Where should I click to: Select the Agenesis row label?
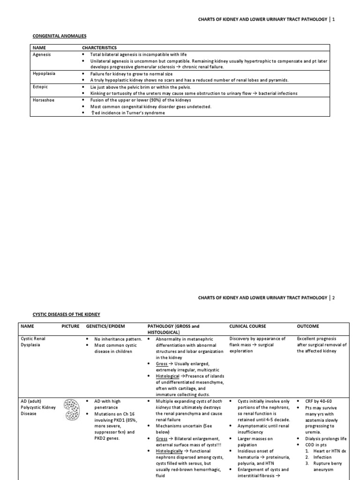pos(42,54)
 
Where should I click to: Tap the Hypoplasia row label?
pos(44,74)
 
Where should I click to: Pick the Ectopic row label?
pos(40,87)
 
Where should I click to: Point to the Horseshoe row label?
pos(44,100)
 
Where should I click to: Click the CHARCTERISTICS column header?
pos(100,48)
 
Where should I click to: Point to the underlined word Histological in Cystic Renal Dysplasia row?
pos(168,376)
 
